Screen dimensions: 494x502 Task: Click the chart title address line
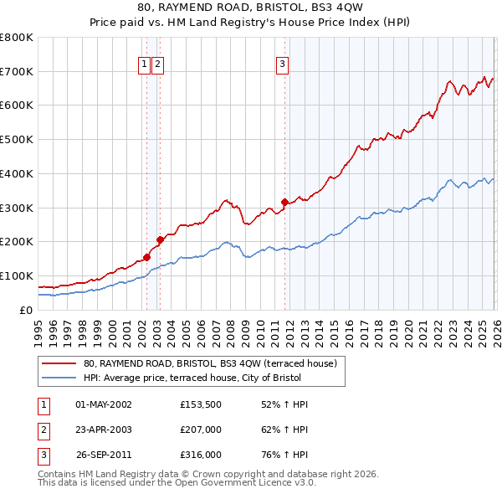pos(251,8)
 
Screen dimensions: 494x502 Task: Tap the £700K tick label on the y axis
pos(17,71)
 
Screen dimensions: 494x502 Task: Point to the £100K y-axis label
pos(17,275)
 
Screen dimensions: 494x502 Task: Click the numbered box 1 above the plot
pos(144,63)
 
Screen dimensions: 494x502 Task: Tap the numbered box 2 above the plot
pos(157,63)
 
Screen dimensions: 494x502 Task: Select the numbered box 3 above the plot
pos(283,63)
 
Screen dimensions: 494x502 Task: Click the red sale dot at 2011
pos(284,201)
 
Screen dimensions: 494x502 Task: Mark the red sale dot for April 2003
pos(160,239)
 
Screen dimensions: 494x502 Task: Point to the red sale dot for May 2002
pos(146,257)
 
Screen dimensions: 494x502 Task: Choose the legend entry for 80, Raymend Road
pos(209,363)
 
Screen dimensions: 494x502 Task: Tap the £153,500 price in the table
pos(200,404)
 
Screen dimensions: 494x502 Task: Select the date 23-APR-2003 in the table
pos(104,430)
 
